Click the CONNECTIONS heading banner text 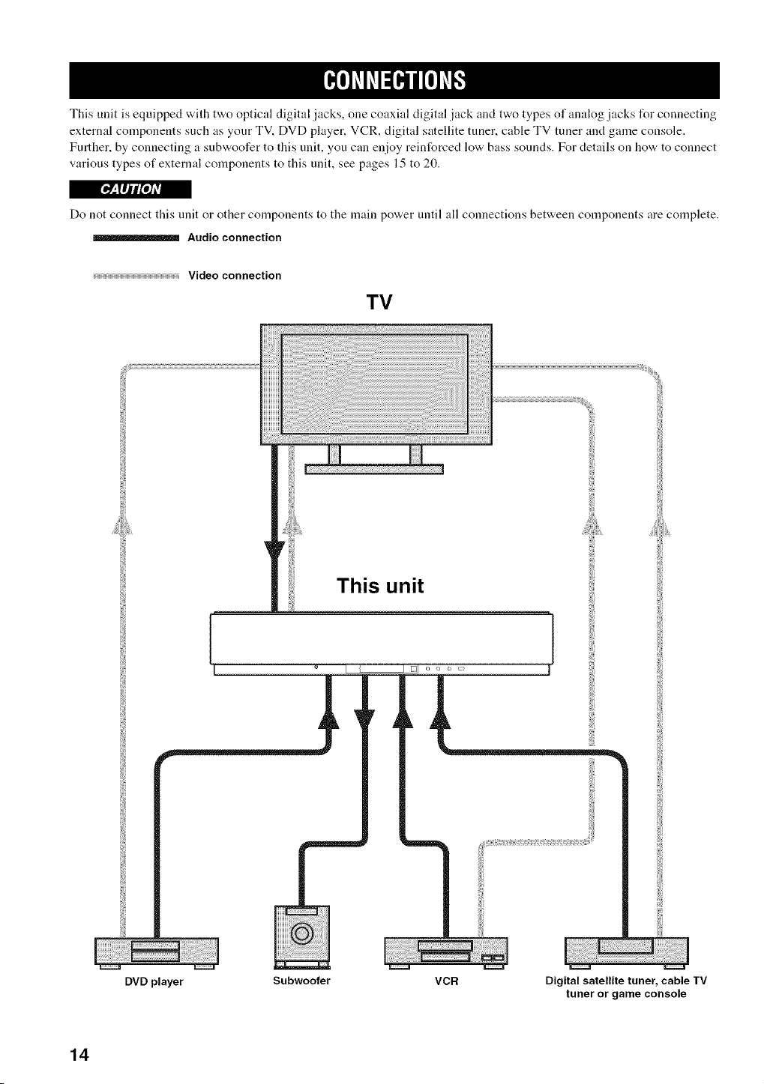394,80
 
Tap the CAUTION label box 130,189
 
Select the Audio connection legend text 235,237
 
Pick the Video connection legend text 235,276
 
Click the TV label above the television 379,303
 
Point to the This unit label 380,586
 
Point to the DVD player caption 154,982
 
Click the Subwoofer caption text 301,981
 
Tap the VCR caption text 446,981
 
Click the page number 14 80,1054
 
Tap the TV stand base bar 374,469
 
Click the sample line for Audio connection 136,237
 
